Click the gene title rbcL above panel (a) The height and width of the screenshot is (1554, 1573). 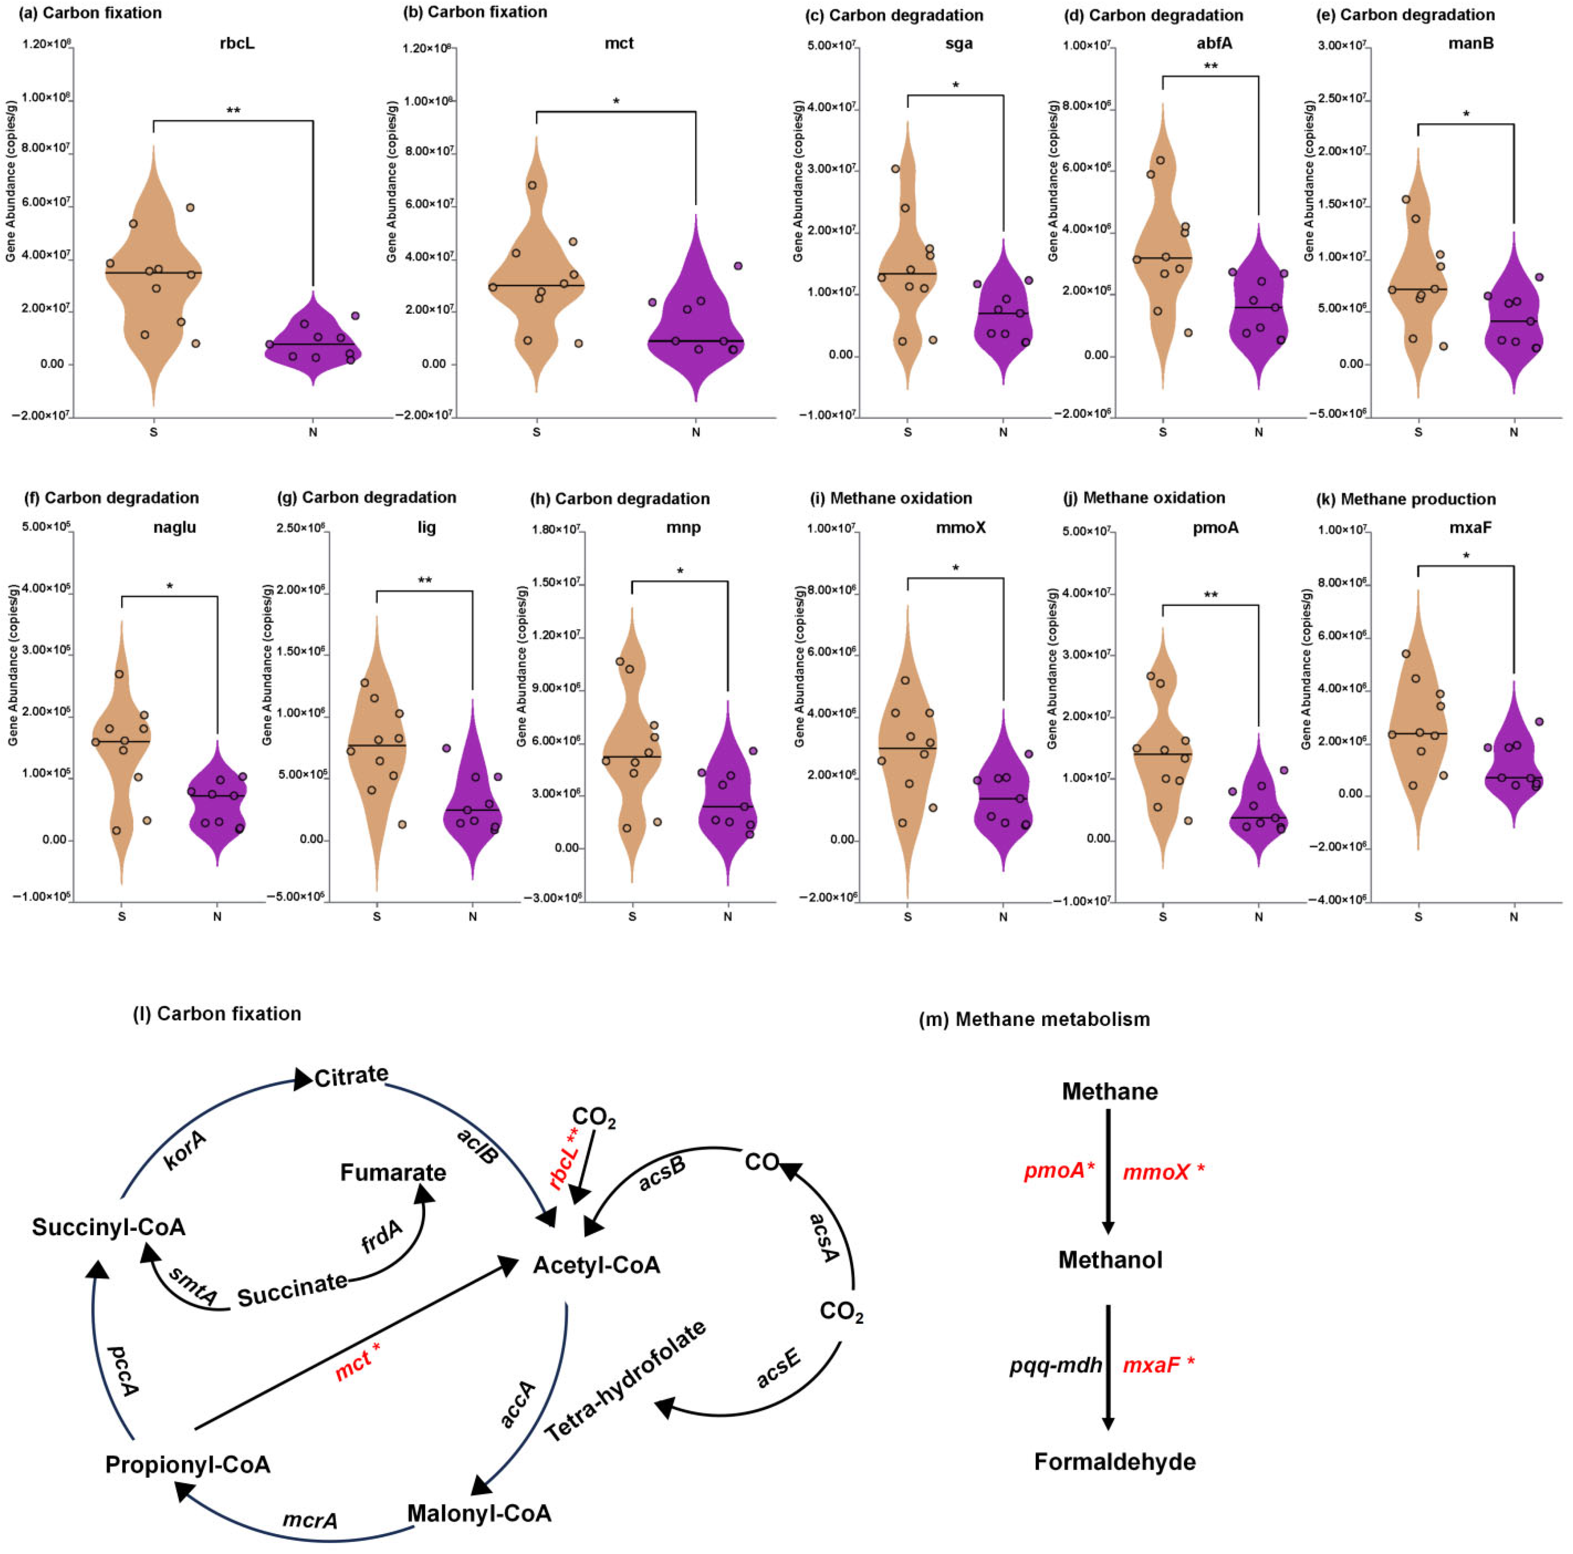(237, 43)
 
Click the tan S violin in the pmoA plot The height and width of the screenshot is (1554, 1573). (1163, 749)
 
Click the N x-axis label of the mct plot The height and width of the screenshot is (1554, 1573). (696, 432)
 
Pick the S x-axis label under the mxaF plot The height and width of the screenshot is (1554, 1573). (1418, 917)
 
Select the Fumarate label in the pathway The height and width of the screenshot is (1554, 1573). (393, 1172)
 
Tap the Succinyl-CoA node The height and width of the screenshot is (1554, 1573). (108, 1227)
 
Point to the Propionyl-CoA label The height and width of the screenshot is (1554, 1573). (187, 1464)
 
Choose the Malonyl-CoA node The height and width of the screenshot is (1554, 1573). (479, 1513)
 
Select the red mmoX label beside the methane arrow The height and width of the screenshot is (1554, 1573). (1156, 1172)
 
